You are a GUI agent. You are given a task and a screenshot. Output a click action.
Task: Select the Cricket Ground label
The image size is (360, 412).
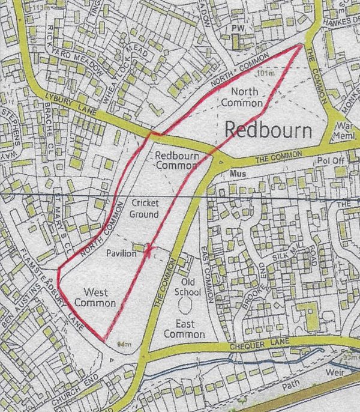(x=144, y=209)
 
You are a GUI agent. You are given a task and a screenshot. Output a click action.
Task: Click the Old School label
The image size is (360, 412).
(x=186, y=287)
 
